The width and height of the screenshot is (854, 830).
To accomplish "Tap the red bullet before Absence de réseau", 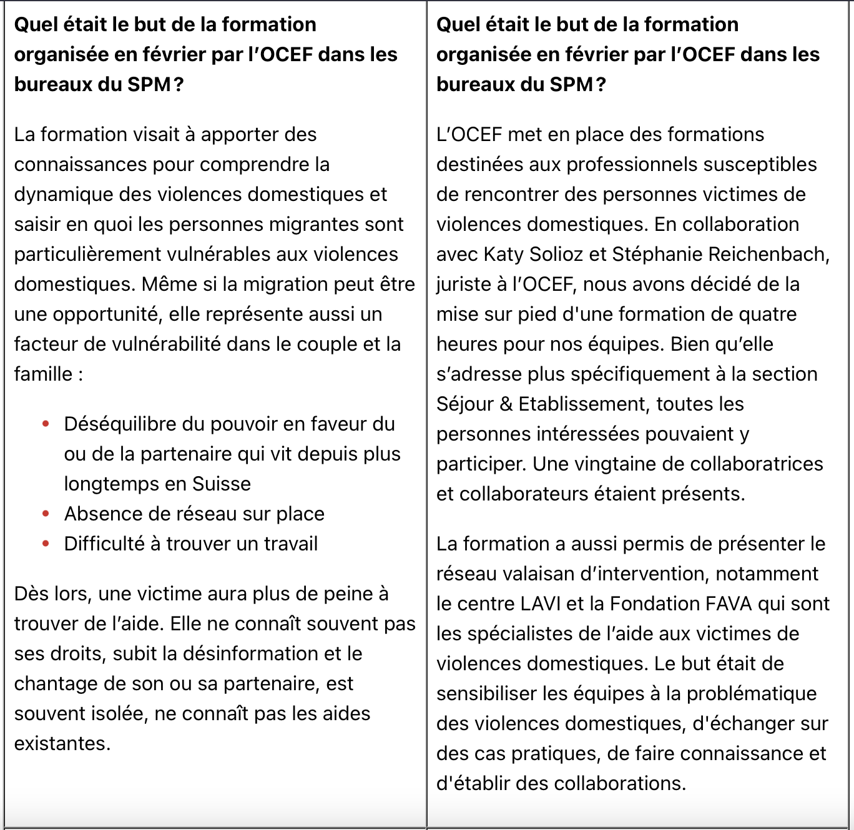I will pos(46,514).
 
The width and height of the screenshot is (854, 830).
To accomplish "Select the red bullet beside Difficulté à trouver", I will pos(46,544).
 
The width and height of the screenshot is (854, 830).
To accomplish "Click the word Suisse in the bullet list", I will pos(222,484).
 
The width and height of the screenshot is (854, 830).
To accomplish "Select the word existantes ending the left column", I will pos(62,744).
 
